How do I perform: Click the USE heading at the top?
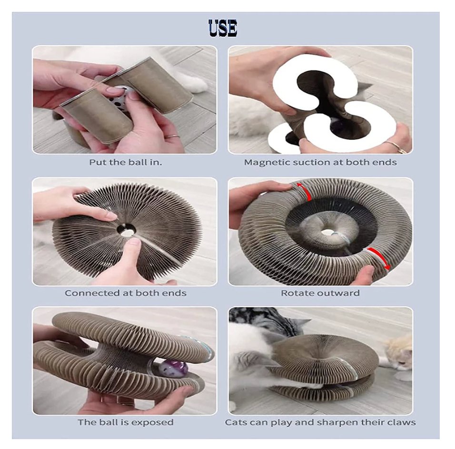pos(223,28)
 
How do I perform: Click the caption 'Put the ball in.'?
pos(125,162)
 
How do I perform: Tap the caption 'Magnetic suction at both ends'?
pos(320,162)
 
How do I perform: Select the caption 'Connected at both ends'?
pos(125,293)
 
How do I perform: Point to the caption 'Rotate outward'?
pos(320,293)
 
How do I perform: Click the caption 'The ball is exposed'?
pos(125,422)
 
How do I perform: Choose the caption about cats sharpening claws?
pos(320,422)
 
